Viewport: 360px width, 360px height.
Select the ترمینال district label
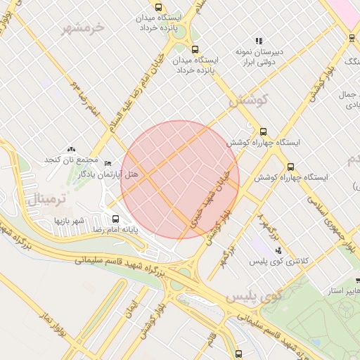point(46,199)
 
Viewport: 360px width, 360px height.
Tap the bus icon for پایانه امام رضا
point(115,219)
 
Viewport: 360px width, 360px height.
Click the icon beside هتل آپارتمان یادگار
point(108,163)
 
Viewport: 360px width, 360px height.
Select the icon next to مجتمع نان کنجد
point(70,149)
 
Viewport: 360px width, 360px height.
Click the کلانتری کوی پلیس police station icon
point(278,250)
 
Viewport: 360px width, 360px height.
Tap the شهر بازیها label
point(70,221)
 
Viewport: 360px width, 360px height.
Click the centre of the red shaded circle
point(180,179)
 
